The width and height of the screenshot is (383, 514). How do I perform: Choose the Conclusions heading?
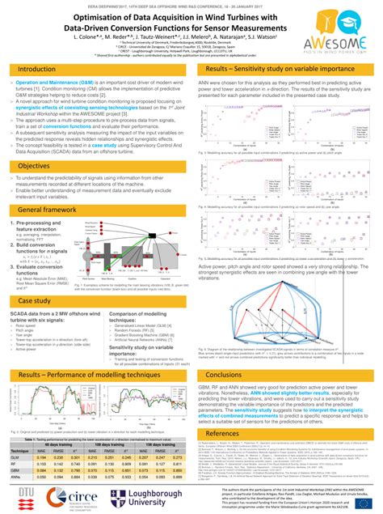tap(229, 352)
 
